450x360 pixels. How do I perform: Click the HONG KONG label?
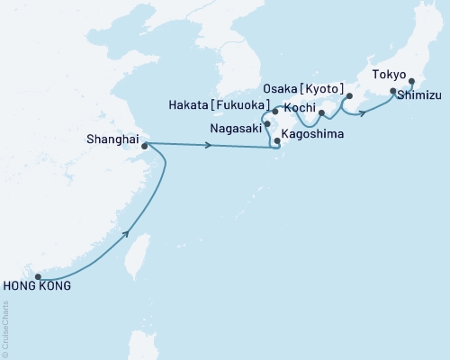click(x=37, y=287)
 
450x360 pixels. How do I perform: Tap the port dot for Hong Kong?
click(x=38, y=276)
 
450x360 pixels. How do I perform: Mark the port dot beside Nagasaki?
click(x=268, y=124)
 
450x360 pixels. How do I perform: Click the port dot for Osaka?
click(x=349, y=96)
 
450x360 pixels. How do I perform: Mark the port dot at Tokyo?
click(x=411, y=81)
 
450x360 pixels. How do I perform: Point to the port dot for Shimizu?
click(x=392, y=91)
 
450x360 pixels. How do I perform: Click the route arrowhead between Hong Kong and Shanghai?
click(x=127, y=233)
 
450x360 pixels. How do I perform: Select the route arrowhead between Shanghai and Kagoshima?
click(x=210, y=146)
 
